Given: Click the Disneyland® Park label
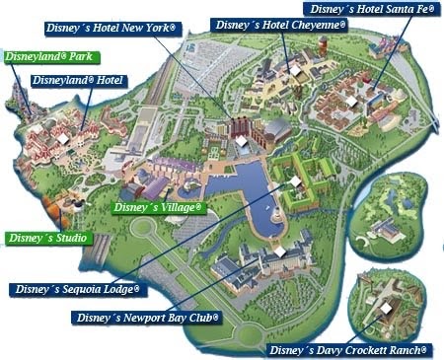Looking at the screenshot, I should point(45,57).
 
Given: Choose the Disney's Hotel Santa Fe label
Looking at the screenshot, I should point(374,8).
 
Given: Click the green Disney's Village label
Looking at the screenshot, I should point(158,208).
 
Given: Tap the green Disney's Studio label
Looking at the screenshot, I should point(46,238).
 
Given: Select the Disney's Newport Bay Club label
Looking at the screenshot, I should point(147,319).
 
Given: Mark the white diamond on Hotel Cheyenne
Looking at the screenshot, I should point(294,69).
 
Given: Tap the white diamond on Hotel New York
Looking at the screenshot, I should point(240,141).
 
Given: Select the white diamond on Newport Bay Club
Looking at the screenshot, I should point(279,252).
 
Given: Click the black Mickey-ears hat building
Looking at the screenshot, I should point(73,202).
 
